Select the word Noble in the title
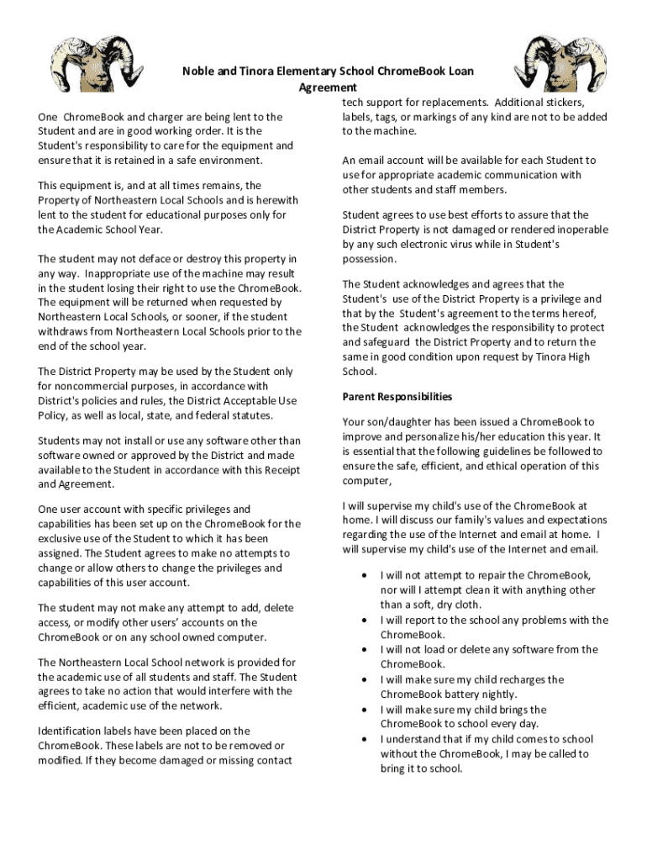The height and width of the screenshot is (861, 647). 198,72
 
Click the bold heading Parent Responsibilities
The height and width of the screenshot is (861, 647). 397,397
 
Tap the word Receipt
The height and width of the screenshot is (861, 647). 282,470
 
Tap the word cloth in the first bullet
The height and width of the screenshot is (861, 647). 466,605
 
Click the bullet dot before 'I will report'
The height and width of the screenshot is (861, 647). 364,620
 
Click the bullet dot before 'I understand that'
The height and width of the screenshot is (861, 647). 364,739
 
